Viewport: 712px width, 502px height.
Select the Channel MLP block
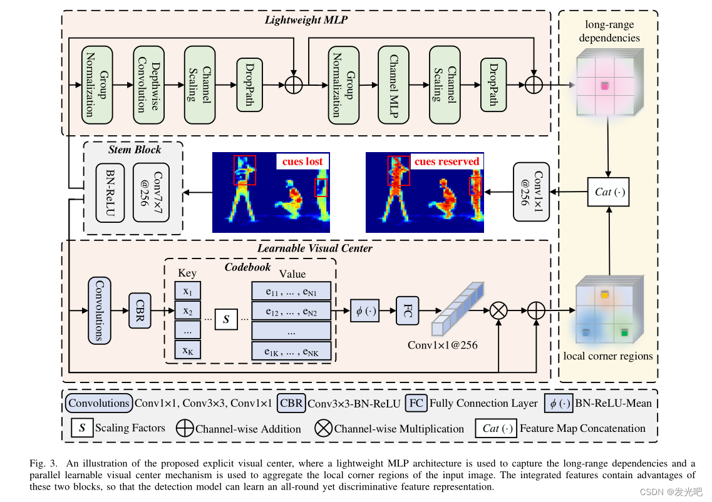pyautogui.click(x=393, y=84)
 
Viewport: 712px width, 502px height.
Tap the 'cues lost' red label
pyautogui.click(x=302, y=161)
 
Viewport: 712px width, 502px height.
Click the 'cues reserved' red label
pyautogui.click(x=446, y=161)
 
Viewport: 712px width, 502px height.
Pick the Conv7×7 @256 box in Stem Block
pyautogui.click(x=148, y=192)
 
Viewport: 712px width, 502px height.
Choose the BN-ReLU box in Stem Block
pyautogui.click(x=110, y=192)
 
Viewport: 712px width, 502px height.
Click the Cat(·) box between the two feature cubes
pyautogui.click(x=607, y=192)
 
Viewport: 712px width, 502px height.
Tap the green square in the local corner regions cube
pyautogui.click(x=624, y=333)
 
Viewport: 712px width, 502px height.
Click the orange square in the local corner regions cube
pyautogui.click(x=604, y=294)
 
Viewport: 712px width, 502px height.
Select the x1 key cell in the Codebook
pyautogui.click(x=187, y=292)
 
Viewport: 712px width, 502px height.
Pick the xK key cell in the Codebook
pyautogui.click(x=187, y=351)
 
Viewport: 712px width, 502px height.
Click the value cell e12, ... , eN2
pyautogui.click(x=291, y=311)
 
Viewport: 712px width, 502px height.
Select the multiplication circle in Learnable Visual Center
pyautogui.click(x=498, y=310)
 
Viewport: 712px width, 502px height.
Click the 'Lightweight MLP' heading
pyautogui.click(x=306, y=19)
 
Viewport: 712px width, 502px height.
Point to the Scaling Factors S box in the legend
pyautogui.click(x=82, y=428)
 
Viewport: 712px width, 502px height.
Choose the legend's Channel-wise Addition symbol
pyautogui.click(x=185, y=429)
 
